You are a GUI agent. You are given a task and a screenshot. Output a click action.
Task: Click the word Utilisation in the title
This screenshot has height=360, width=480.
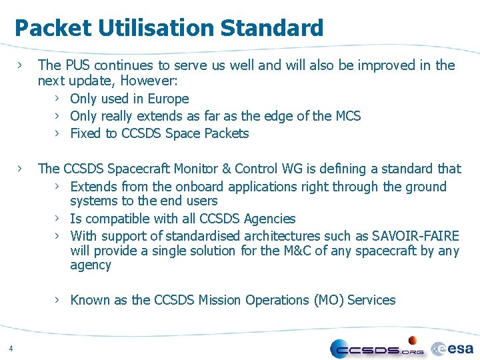click(x=156, y=28)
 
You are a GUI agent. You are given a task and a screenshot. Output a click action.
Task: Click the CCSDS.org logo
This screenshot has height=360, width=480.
click(x=377, y=348)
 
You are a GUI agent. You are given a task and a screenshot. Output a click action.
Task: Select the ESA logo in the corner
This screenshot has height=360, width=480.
click(x=453, y=348)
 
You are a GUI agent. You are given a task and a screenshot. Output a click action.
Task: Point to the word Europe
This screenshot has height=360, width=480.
click(x=167, y=99)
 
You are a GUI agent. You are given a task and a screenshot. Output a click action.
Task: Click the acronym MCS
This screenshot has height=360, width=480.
click(x=347, y=116)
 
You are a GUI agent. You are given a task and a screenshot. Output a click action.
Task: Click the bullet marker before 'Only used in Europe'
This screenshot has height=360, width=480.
click(x=58, y=99)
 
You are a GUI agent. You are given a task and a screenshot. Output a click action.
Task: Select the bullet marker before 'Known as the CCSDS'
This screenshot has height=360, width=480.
click(x=58, y=300)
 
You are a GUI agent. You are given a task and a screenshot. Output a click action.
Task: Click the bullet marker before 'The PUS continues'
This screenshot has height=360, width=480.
click(x=21, y=65)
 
